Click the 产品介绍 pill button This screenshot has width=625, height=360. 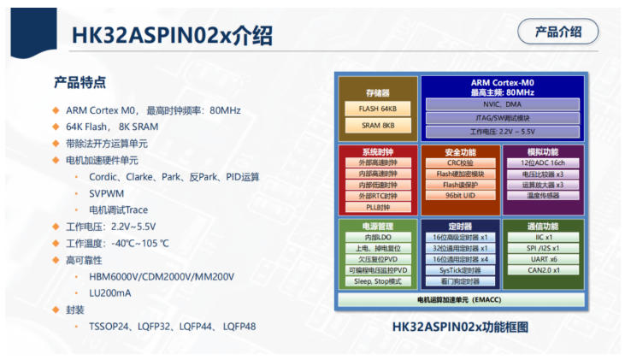pos(557,32)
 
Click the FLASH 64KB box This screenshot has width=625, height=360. pos(377,109)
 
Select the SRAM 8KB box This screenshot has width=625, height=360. pos(377,125)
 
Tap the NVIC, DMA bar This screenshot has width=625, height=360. pos(502,104)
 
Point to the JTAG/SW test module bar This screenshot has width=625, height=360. pos(502,118)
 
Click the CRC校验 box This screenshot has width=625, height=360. pos(460,162)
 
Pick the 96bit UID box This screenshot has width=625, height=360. pos(460,195)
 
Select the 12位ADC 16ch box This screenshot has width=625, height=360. pos(542,162)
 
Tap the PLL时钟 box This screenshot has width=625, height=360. pos(378,207)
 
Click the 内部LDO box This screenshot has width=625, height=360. pos(378,237)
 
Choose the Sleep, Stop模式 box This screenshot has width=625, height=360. pos(378,281)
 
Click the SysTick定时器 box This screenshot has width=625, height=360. pos(460,270)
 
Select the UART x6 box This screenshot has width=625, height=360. pos(543,259)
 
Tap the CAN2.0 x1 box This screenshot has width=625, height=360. pos(543,270)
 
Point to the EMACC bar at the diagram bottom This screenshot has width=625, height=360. pos(461,300)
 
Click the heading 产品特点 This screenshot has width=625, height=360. pos(80,82)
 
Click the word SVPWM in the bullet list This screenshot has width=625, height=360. pos(106,194)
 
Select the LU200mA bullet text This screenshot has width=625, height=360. pos(110,293)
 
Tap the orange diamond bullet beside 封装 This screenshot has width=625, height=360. pos(56,310)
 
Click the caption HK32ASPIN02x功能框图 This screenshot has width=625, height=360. pos(460,327)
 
